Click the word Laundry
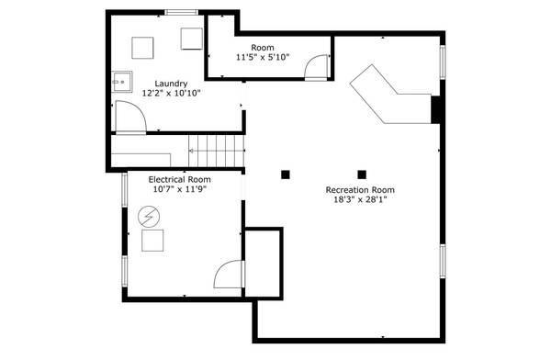click(171, 83)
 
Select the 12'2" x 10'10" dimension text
click(171, 93)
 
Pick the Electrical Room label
click(180, 179)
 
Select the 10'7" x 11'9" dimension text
click(180, 189)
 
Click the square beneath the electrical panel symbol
click(152, 241)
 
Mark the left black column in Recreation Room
click(286, 173)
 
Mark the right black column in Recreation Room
click(362, 173)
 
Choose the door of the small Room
click(317, 63)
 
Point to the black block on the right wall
click(436, 108)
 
